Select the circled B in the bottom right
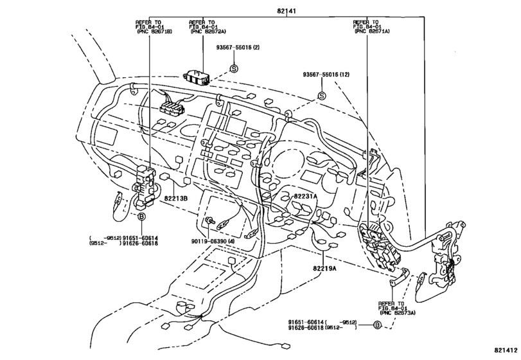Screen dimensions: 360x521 378,327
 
